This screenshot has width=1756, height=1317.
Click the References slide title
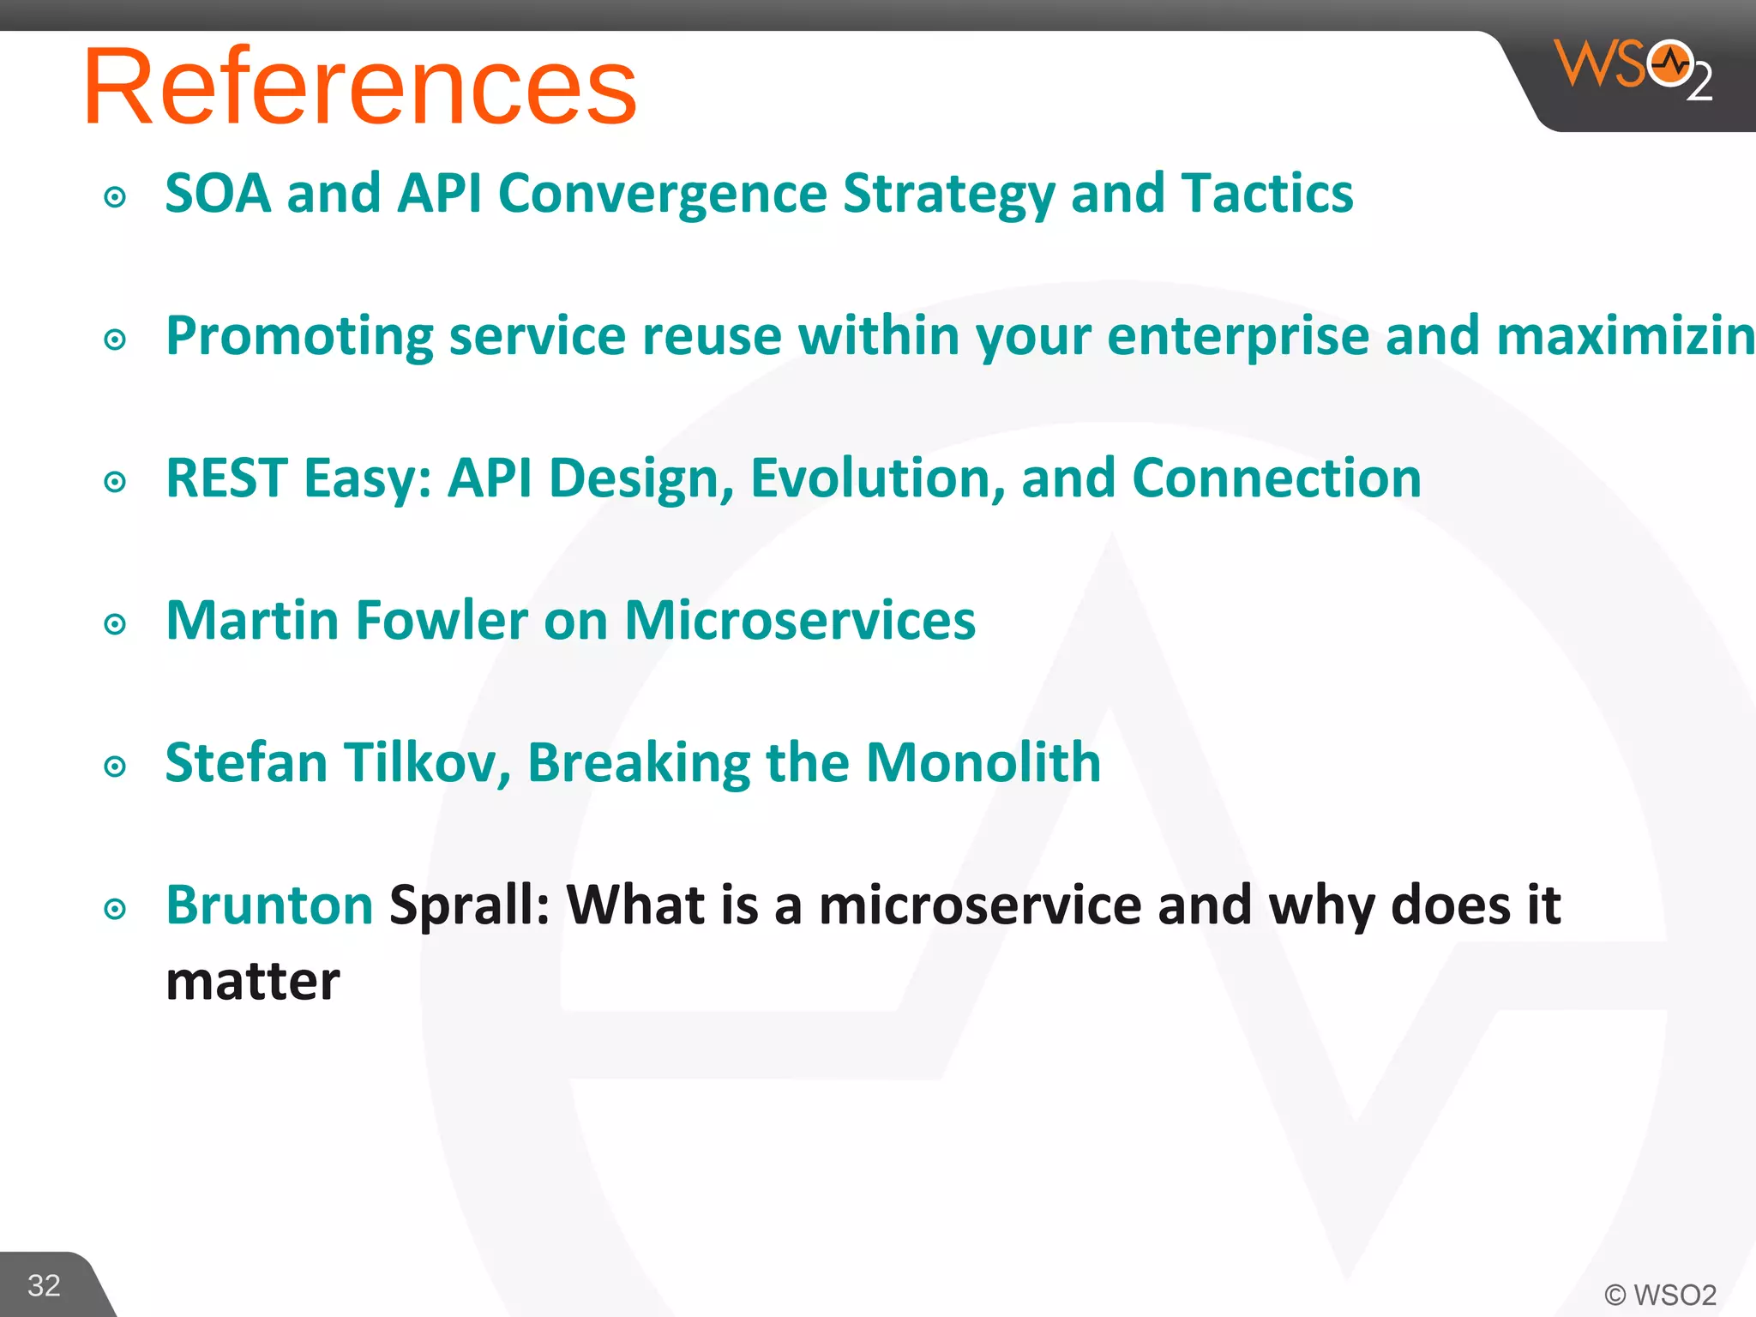(360, 86)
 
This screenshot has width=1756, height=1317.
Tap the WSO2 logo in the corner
(1633, 69)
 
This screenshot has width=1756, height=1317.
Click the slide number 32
(44, 1285)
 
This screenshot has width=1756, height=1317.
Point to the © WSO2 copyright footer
(1660, 1295)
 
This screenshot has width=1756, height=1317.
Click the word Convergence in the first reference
(662, 194)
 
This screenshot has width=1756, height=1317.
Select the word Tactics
(1267, 193)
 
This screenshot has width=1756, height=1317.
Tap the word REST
(226, 478)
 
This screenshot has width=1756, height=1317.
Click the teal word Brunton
(269, 905)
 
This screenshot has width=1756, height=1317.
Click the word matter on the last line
(253, 982)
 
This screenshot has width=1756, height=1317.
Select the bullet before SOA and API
(115, 198)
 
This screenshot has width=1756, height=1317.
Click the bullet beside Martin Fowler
(115, 624)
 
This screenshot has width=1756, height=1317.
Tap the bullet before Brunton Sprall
(115, 909)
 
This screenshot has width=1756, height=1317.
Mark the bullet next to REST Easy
(115, 482)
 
